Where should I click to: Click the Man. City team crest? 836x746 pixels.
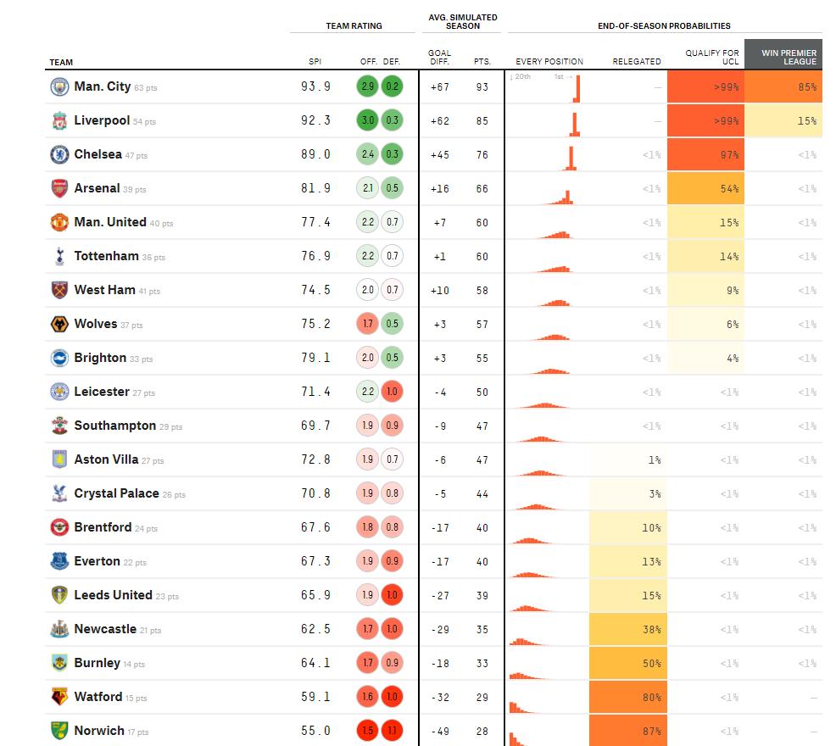coord(59,86)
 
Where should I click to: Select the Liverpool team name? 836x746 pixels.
coord(102,120)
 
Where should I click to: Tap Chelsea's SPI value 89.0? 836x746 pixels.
coord(315,154)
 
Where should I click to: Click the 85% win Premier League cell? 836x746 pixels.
coord(783,86)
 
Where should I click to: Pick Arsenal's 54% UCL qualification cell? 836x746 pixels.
coord(705,188)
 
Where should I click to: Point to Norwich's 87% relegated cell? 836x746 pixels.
coord(627,731)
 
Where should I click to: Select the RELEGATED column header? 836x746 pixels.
coord(637,61)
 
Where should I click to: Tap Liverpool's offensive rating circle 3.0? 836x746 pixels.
coord(368,120)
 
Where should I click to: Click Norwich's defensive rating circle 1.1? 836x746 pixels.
coord(392,731)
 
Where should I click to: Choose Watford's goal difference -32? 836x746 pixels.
coord(439,697)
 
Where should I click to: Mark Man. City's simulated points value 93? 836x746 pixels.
coord(482,86)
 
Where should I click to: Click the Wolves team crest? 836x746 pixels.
coord(59,324)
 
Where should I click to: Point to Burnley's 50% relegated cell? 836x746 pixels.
coord(627,663)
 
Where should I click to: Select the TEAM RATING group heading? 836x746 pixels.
coord(354,25)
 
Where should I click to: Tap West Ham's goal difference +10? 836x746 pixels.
coord(439,290)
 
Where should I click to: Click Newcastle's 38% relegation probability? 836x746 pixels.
coord(627,629)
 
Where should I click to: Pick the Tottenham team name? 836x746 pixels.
coord(106,256)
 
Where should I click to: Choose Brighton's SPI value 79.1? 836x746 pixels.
coord(315,358)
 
